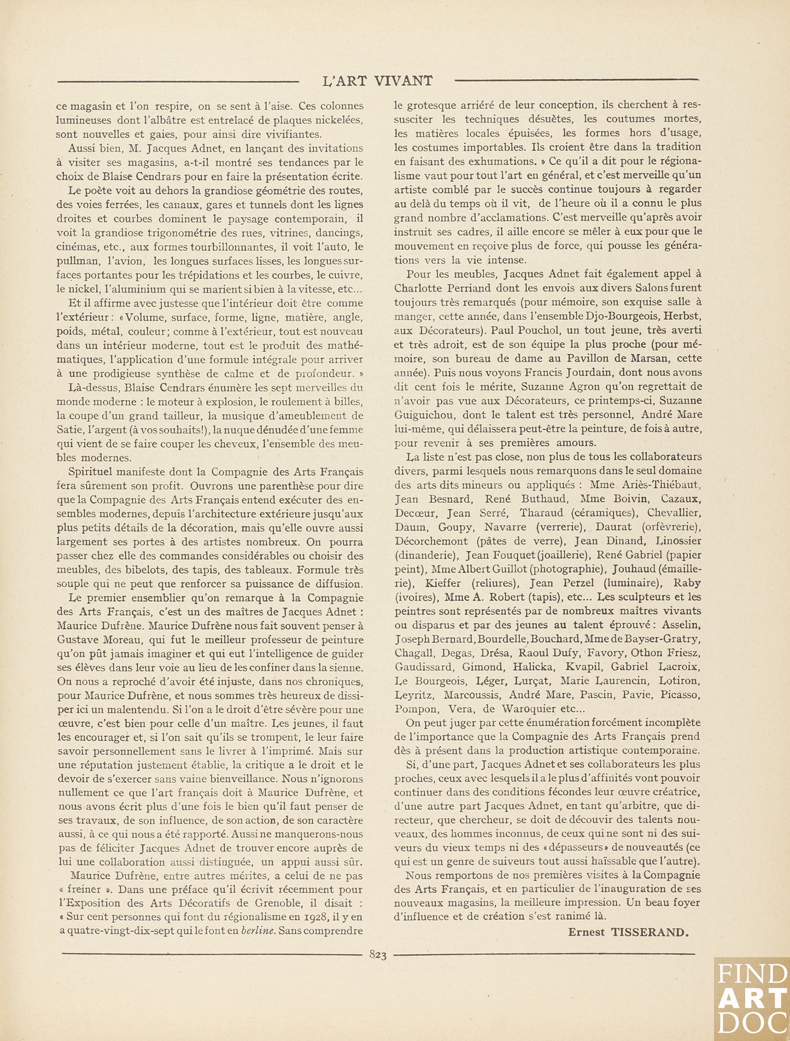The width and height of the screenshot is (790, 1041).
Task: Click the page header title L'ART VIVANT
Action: point(377,81)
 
